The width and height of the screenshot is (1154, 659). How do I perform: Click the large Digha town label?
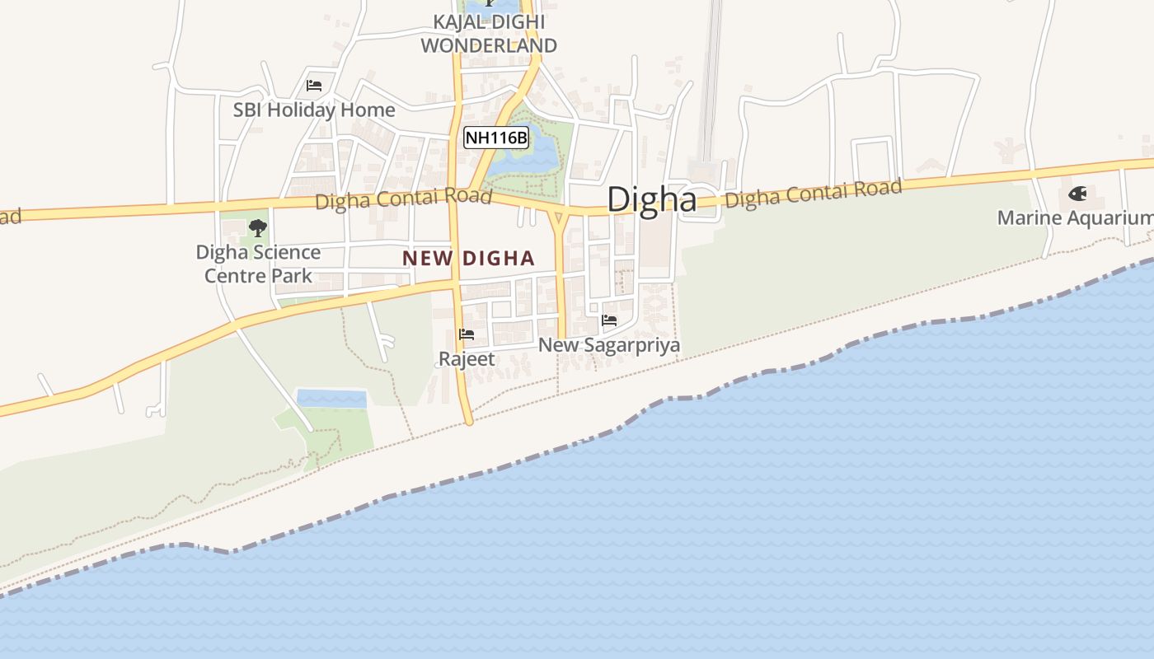(651, 199)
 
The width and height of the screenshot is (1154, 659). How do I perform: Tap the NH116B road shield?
(495, 138)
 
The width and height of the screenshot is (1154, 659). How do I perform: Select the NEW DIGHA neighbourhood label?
(468, 258)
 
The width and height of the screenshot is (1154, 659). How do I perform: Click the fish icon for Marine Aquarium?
(1077, 194)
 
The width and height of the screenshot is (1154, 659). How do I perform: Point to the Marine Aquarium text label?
(1075, 218)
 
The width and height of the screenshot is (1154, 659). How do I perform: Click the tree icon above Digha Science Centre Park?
(258, 227)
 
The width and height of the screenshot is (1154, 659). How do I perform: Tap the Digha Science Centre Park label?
(258, 264)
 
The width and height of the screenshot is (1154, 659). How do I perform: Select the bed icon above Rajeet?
(467, 334)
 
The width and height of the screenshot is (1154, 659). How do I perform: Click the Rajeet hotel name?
(467, 359)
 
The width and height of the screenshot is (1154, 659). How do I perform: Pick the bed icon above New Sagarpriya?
(609, 320)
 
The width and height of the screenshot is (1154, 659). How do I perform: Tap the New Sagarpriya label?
(609, 345)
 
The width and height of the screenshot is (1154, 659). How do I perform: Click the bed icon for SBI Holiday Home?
(313, 85)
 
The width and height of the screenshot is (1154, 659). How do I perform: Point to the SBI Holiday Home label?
(313, 110)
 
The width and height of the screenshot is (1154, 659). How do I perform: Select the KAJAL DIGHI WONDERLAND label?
(489, 34)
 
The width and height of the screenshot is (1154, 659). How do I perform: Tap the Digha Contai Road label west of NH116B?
(403, 199)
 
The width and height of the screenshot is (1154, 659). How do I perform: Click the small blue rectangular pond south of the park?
(331, 399)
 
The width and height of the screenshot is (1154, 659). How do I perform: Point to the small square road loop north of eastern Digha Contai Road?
(873, 160)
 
